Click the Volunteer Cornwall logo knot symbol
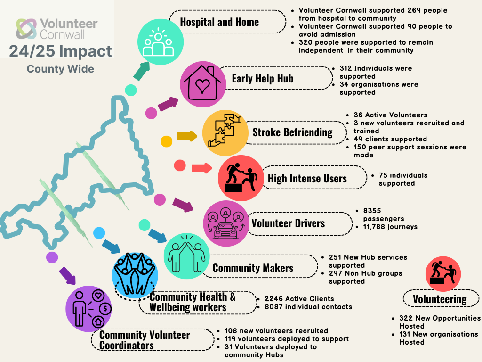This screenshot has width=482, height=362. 26,29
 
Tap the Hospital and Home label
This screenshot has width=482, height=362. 219,22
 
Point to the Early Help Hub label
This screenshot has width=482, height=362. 263,78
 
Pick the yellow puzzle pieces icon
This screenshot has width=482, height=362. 225,132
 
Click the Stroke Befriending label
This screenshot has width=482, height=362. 292,132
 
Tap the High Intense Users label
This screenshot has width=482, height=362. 307,178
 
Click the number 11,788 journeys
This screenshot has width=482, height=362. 390,227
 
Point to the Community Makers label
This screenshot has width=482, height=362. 253,268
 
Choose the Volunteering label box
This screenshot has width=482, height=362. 440,299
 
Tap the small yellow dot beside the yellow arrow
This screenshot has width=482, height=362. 167,141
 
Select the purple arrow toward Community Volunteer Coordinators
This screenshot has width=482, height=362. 68,276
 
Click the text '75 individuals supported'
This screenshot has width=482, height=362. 396,179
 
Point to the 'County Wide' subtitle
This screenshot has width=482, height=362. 60,69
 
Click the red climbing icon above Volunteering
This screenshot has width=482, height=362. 443,273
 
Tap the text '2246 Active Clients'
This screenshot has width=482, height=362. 299,299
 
